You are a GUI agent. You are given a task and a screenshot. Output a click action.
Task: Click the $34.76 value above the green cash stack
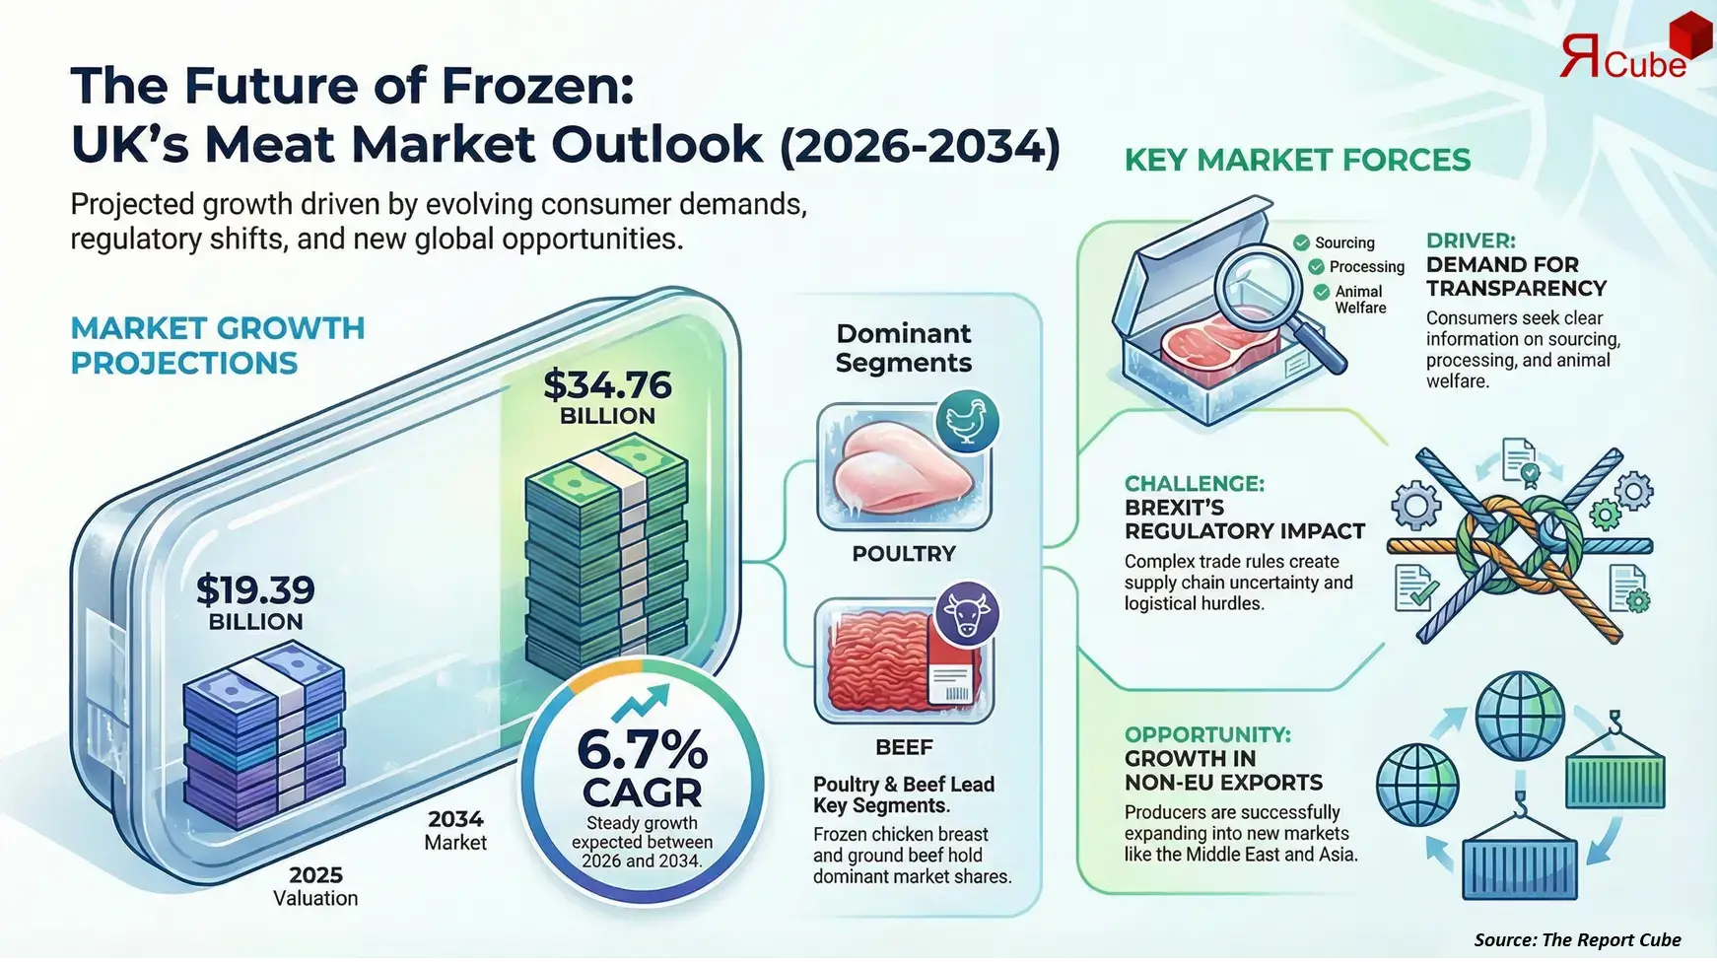[x=607, y=384]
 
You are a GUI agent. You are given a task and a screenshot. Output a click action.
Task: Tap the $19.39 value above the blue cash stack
[x=255, y=589]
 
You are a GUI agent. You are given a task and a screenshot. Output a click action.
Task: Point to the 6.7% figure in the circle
[x=642, y=750]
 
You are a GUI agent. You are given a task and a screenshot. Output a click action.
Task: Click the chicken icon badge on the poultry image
[x=967, y=421]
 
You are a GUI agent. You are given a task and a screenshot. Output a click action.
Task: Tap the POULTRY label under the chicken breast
[x=904, y=554]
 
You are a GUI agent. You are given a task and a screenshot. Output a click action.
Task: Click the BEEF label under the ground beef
[x=904, y=747]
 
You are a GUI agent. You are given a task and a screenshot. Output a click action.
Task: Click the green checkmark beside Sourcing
[x=1301, y=242]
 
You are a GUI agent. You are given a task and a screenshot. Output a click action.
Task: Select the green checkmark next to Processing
[x=1316, y=267]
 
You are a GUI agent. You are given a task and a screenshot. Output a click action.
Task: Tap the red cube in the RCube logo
[x=1688, y=36]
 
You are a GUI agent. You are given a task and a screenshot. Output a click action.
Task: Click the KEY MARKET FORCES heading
[x=1297, y=160]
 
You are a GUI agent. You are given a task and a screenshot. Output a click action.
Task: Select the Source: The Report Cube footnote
[x=1577, y=939]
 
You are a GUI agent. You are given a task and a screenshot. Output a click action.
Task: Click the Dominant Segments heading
[x=904, y=348]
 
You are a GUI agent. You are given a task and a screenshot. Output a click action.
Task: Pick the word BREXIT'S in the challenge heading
[x=1174, y=508]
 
